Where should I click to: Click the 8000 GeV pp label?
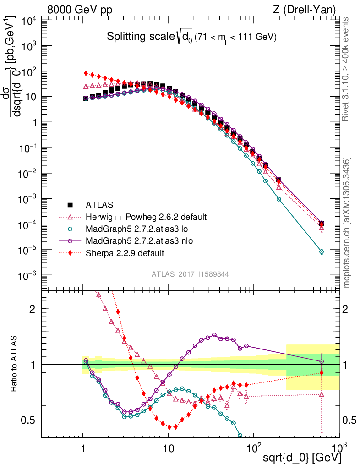(x=80, y=9)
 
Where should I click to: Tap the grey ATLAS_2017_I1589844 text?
(x=190, y=274)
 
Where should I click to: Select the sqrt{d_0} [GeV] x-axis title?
(x=300, y=458)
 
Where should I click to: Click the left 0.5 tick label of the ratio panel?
(x=30, y=420)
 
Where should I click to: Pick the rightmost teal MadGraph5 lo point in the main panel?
(x=321, y=251)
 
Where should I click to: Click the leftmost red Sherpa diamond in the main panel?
(x=86, y=73)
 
